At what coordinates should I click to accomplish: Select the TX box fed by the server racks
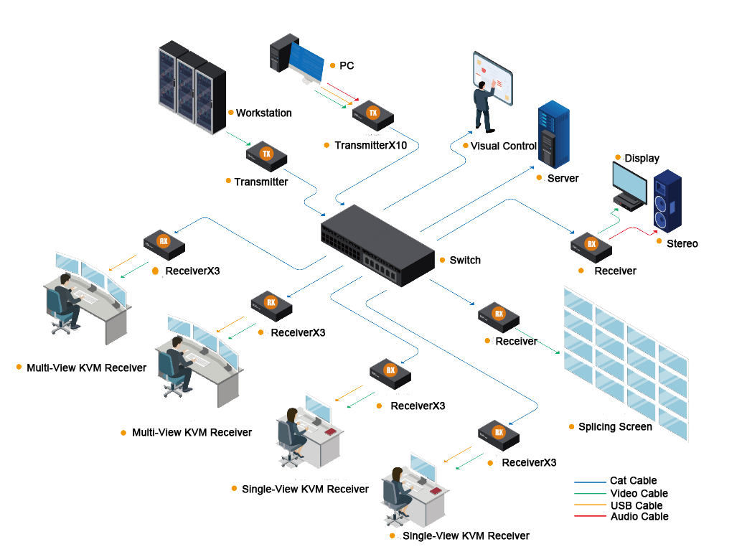pyautogui.click(x=266, y=156)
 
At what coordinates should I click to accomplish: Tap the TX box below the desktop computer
pyautogui.click(x=373, y=115)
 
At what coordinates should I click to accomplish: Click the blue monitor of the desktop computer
pyautogui.click(x=307, y=60)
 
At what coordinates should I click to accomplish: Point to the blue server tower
pyautogui.click(x=553, y=136)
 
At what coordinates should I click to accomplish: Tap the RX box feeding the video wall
pyautogui.click(x=499, y=317)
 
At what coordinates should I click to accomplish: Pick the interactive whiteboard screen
pyautogui.click(x=493, y=78)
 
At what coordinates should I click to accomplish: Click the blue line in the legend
pyautogui.click(x=591, y=482)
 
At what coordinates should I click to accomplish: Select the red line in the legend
pyautogui.click(x=591, y=515)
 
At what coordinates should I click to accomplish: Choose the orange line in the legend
pyautogui.click(x=591, y=505)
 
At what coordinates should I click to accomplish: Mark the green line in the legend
pyautogui.click(x=591, y=493)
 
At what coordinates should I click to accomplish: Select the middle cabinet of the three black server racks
pyautogui.click(x=187, y=89)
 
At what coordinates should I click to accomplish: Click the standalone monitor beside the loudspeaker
pyautogui.click(x=629, y=184)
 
